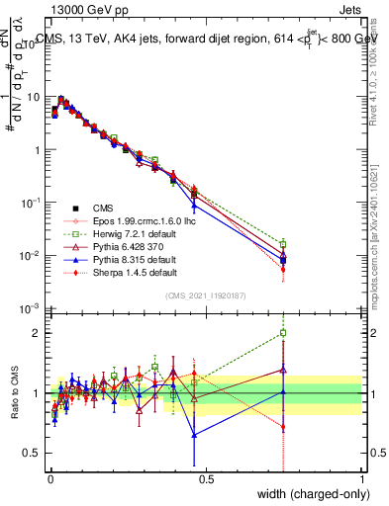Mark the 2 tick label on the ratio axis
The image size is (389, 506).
tap(36, 333)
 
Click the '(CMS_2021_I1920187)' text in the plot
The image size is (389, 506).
tap(205, 295)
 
